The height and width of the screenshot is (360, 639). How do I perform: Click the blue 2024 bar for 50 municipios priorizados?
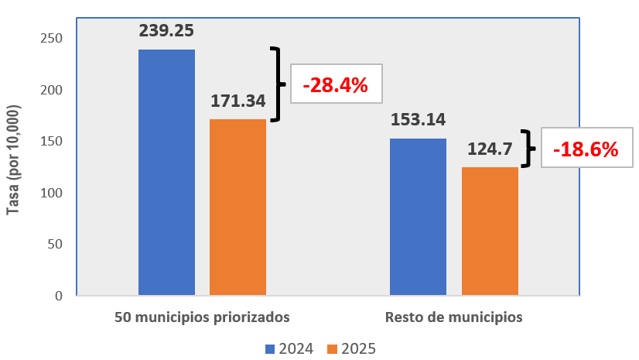pos(166,172)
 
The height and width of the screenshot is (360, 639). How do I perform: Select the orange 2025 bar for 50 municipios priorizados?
pos(237,207)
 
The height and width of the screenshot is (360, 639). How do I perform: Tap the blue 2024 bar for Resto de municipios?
pos(418,217)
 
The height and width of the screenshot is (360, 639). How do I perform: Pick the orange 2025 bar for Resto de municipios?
pos(490,231)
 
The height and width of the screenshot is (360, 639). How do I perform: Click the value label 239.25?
pos(166,31)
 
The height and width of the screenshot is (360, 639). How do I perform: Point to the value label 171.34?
pos(238,101)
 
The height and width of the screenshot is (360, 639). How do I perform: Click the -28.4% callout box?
pos(336,84)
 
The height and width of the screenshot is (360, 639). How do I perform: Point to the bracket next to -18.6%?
pos(528,148)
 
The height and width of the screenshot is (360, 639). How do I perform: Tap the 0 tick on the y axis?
pos(58,296)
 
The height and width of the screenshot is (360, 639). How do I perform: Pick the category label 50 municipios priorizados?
pos(202,317)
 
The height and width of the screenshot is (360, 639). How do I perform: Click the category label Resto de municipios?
pos(453,317)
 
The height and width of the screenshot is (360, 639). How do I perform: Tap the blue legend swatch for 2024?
pos(269,349)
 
